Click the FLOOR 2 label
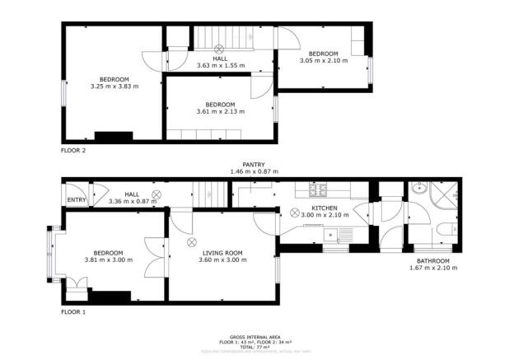point(73,151)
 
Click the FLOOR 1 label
point(73,312)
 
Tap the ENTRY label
point(77,199)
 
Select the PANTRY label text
point(254,165)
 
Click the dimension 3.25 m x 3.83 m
point(114,86)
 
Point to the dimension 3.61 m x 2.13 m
point(220,111)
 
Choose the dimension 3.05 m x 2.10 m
point(323,60)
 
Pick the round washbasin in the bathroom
point(419,189)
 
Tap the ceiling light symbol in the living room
point(192,241)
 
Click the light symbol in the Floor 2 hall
point(220,48)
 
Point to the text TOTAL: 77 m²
point(254,348)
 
